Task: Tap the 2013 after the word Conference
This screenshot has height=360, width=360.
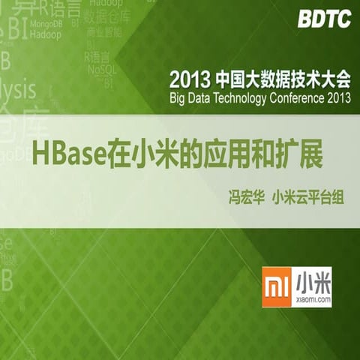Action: click(334, 98)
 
